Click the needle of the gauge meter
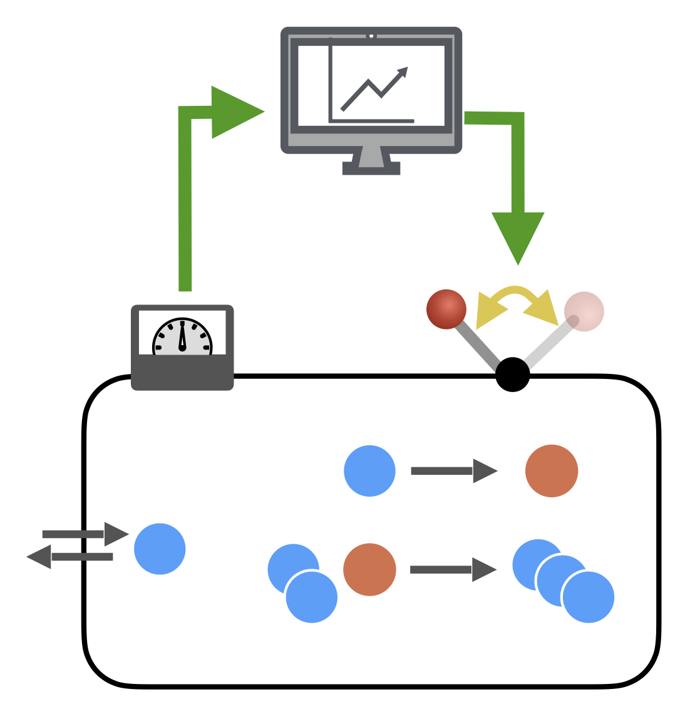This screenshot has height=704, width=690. [x=182, y=336]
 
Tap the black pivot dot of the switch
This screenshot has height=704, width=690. [x=513, y=375]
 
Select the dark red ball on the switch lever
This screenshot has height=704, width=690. [x=446, y=309]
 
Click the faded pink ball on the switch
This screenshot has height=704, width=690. [x=584, y=311]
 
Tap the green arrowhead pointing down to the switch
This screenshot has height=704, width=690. [x=518, y=236]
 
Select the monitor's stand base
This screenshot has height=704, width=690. [x=371, y=168]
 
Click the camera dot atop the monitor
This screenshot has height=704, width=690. [x=371, y=36]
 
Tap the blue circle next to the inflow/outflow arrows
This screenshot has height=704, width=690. [x=160, y=549]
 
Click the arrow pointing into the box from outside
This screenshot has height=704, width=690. [x=85, y=534]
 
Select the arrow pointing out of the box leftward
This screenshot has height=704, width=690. [x=69, y=557]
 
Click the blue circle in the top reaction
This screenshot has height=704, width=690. [x=369, y=471]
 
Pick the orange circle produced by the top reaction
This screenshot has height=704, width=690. [x=552, y=471]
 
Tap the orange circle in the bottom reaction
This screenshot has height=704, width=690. [x=369, y=570]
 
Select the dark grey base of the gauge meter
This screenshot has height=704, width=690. [x=182, y=373]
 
